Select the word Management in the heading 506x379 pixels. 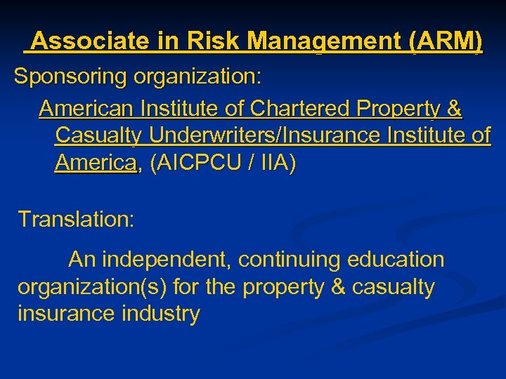click(x=325, y=42)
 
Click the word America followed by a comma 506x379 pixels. click(x=95, y=163)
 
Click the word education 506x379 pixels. click(x=396, y=260)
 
